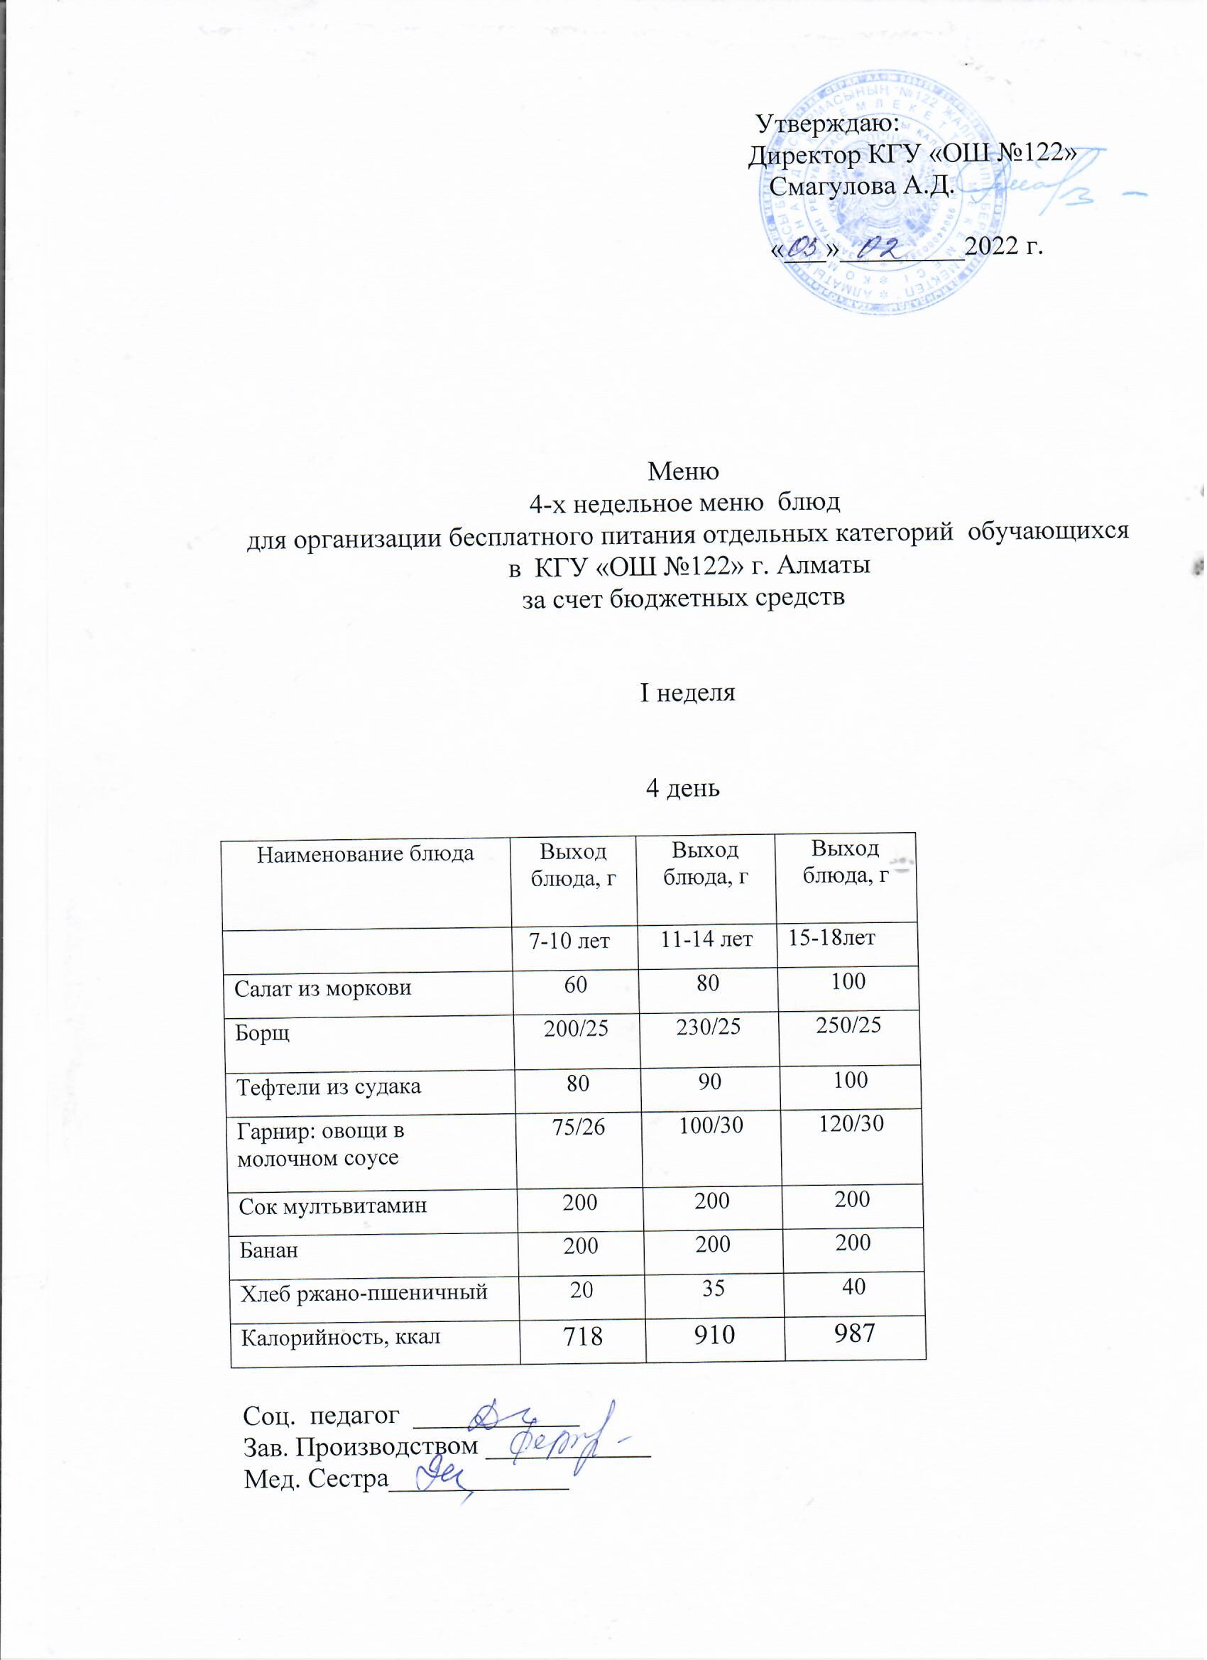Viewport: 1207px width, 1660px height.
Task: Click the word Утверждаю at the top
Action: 826,123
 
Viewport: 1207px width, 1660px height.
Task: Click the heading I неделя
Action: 687,692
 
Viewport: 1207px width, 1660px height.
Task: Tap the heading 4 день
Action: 683,787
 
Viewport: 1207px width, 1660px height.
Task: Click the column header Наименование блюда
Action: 365,853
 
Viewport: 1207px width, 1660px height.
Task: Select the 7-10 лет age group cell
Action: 569,941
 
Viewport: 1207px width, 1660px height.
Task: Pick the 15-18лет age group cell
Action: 831,938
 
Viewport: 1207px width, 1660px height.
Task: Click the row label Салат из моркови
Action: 323,989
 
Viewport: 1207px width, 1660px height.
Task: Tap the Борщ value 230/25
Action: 708,1027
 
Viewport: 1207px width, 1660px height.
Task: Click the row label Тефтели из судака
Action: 329,1087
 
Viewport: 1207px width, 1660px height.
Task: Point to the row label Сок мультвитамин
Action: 332,1206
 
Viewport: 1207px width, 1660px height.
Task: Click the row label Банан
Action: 268,1250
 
